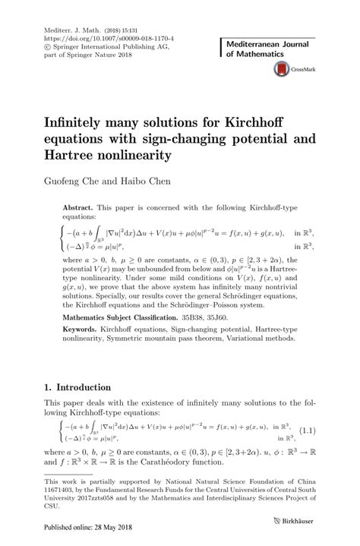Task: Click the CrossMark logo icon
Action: coord(279,69)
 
